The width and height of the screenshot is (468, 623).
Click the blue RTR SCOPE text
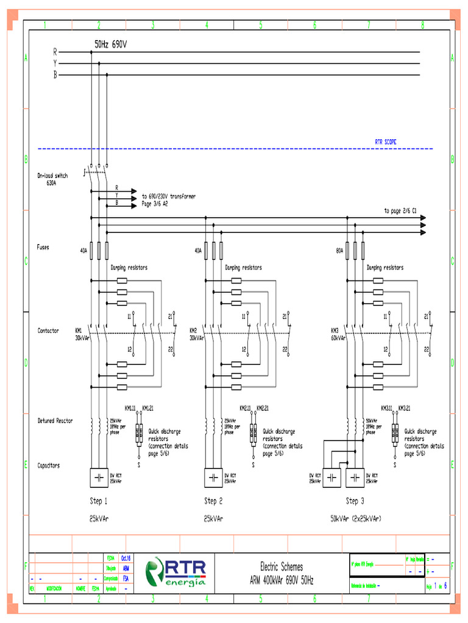coord(385,142)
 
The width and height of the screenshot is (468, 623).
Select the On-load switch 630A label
coord(52,179)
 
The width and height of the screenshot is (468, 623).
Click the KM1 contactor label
coord(79,330)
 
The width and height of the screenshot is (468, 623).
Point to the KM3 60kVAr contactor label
coord(338,334)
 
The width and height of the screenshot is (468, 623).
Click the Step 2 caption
coord(213,501)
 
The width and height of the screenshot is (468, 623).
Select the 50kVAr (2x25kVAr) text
coord(356,519)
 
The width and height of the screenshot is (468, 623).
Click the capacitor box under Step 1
coord(99,478)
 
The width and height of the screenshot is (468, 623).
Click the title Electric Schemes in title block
coord(282,567)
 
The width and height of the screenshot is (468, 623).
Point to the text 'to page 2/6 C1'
coord(400,211)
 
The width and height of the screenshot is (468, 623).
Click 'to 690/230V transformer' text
coord(168,197)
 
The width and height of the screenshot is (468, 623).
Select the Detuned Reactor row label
coord(55,420)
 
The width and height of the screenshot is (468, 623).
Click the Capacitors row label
coord(48,465)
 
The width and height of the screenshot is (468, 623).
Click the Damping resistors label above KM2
coord(243,267)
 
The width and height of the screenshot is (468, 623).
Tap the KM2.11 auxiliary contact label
coord(246,408)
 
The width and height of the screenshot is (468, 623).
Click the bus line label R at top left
coord(55,52)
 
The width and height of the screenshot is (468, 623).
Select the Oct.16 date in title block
coord(126,558)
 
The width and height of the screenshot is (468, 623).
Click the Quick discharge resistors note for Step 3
coord(424,442)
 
